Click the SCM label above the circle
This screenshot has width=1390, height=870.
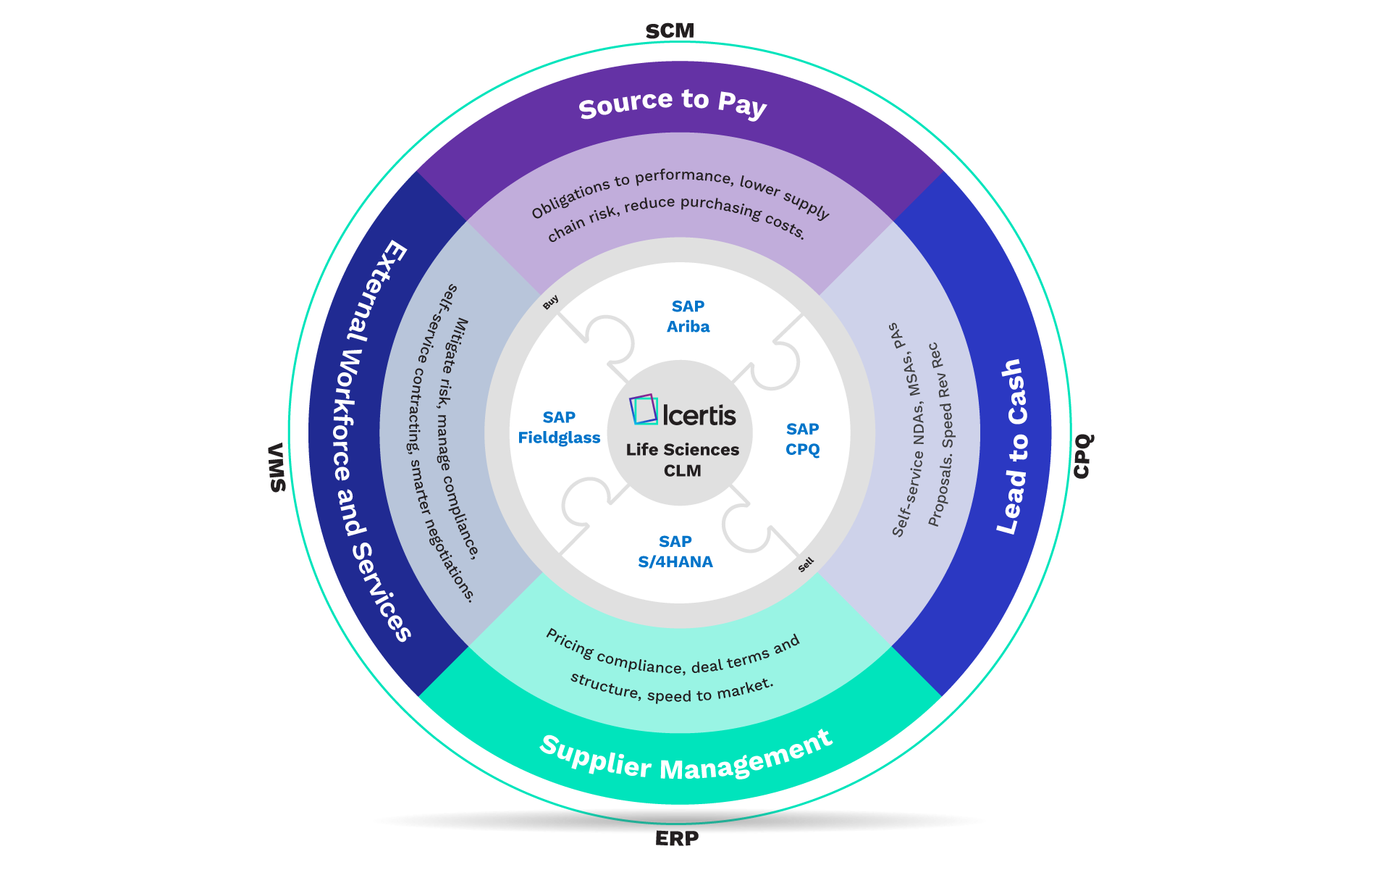point(670,31)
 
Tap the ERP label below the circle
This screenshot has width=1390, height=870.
point(677,839)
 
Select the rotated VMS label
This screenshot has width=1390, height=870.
point(277,468)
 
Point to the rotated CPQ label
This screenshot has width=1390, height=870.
point(1083,456)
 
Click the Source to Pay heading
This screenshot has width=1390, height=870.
point(673,103)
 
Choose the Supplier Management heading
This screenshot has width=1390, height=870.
point(686,757)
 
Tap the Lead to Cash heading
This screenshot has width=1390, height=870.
point(1013,447)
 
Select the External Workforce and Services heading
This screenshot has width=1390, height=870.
point(373,440)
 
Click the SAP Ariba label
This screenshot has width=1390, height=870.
point(688,317)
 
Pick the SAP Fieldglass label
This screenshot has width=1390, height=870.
point(559,427)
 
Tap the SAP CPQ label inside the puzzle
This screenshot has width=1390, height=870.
point(802,439)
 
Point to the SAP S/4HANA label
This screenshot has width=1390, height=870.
point(675,551)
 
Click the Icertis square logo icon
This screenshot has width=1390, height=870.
point(644,409)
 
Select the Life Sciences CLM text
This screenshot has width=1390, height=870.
point(683,460)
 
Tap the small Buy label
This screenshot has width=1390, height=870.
point(551,302)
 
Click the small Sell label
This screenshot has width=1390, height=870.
point(806,564)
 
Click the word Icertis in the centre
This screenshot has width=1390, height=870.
point(699,415)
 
